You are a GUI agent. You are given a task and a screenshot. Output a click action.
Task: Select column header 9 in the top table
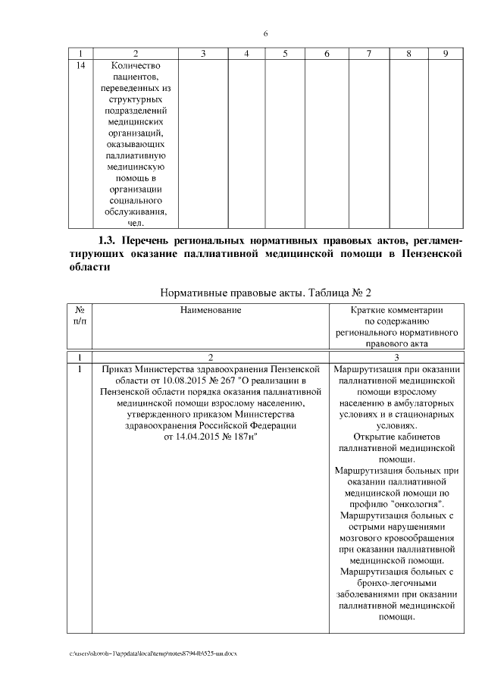pyautogui.click(x=446, y=54)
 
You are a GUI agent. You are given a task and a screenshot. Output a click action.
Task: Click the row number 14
pyautogui.click(x=81, y=66)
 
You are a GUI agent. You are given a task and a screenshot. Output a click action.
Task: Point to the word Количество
pyautogui.click(x=135, y=66)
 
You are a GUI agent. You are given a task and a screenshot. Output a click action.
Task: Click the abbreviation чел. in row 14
pyautogui.click(x=135, y=223)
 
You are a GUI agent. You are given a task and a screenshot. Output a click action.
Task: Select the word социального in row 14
pyautogui.click(x=135, y=200)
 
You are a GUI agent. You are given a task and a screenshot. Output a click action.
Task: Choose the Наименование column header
pyautogui.click(x=211, y=310)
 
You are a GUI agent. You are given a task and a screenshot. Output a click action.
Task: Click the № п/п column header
pyautogui.click(x=80, y=315)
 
